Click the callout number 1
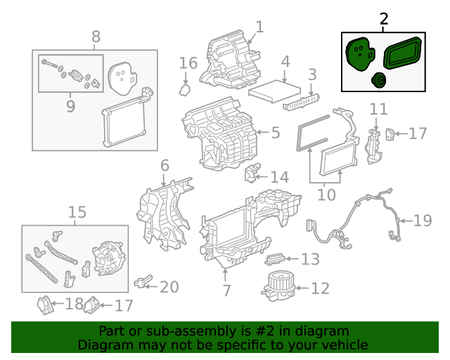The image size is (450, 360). point(259,27)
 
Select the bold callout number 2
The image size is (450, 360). point(383,20)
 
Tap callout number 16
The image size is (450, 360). point(188,63)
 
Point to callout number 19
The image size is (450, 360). point(422,221)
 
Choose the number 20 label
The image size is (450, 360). point(169,287)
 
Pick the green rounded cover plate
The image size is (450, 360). point(360,54)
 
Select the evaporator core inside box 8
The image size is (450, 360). point(124,122)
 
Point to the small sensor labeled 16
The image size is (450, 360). point(186,89)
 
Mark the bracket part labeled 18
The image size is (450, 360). point(46,306)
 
